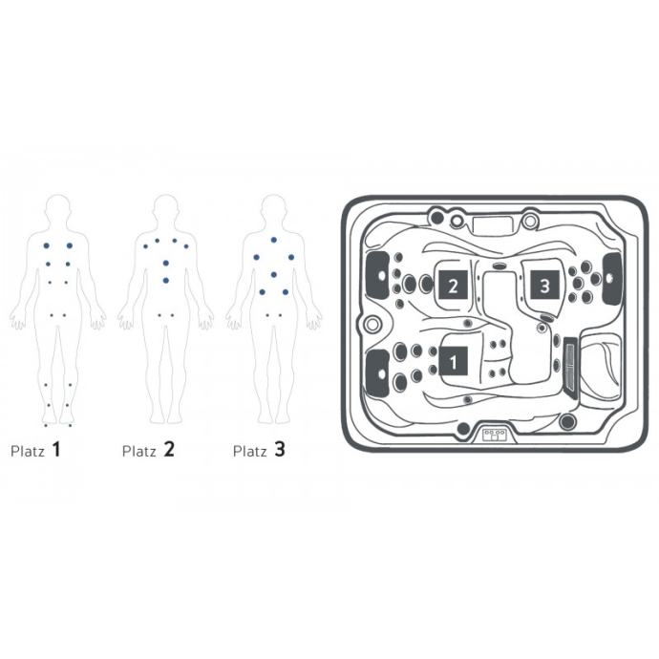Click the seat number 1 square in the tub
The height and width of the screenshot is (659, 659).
coord(453,361)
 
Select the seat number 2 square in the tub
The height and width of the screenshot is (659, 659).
coord(453,285)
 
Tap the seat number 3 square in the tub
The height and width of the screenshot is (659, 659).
coord(544,285)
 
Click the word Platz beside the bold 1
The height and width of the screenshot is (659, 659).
coord(28,452)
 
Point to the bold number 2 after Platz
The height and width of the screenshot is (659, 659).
coord(169,449)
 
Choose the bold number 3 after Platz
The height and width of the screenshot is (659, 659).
coord(280,449)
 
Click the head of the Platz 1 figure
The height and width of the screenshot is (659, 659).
coord(58,209)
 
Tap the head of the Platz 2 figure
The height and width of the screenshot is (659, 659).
coord(166,209)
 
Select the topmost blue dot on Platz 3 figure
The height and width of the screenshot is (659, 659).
coord(273,240)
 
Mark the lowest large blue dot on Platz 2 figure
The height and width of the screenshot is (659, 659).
coord(166,281)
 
